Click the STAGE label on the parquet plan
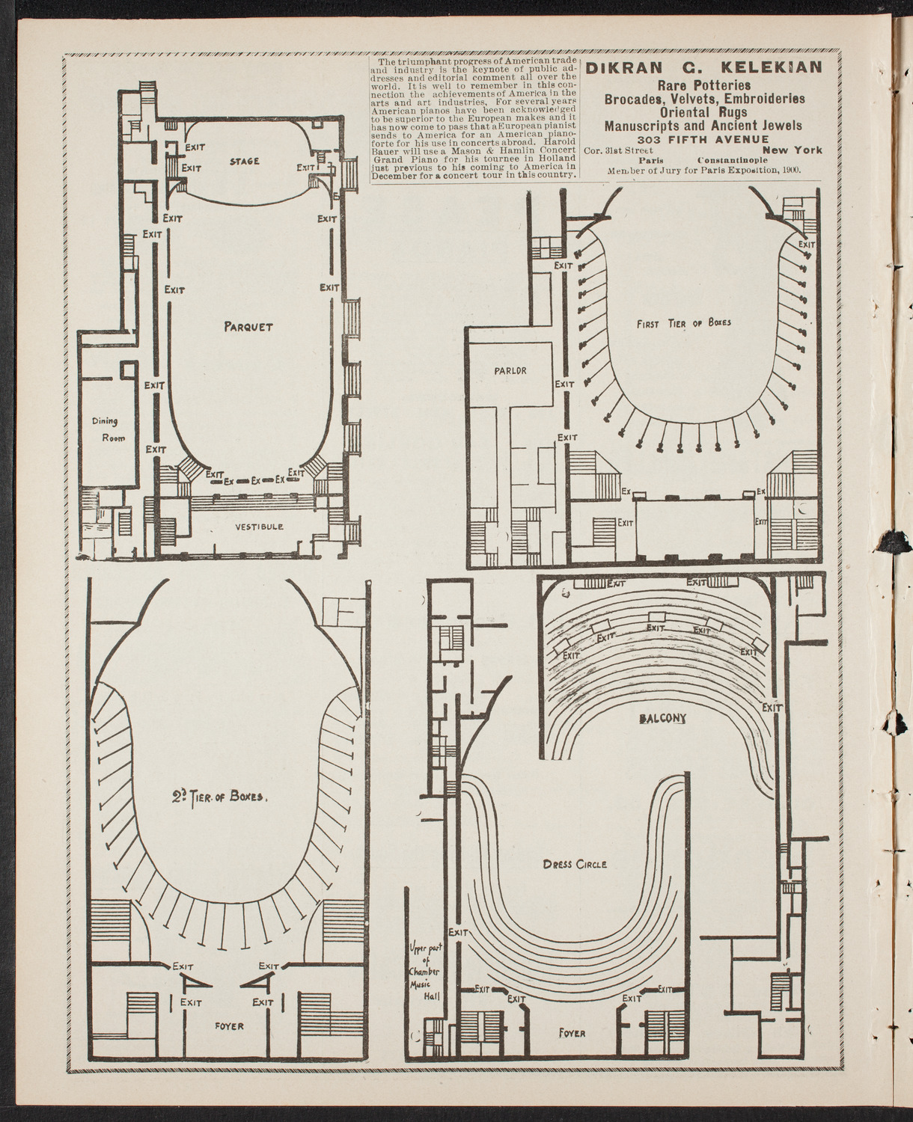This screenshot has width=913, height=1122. [245, 161]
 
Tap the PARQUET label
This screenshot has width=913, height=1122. [248, 327]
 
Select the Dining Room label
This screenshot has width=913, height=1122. [109, 430]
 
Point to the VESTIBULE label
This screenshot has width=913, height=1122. [259, 527]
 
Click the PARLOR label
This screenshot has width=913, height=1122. [510, 370]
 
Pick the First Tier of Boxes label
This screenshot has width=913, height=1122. [683, 323]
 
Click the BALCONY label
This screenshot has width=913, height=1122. [662, 718]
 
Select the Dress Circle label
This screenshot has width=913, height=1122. [575, 864]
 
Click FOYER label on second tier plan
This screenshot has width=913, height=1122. [228, 1026]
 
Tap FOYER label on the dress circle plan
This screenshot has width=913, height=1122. [572, 1034]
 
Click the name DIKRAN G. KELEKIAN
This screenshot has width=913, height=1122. [703, 68]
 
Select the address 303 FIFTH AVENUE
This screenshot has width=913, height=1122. [703, 138]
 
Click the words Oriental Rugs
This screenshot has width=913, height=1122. [703, 112]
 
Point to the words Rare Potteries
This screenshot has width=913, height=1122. [703, 85]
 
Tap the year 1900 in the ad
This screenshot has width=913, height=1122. [788, 171]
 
